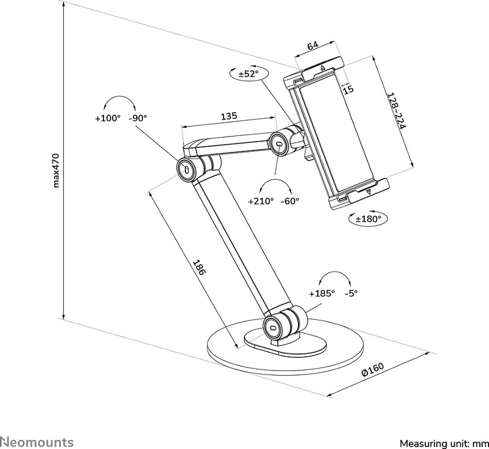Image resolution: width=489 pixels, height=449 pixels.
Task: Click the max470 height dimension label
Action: pyautogui.click(x=56, y=169)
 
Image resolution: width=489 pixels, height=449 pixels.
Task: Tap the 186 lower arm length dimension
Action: pyautogui.click(x=198, y=267)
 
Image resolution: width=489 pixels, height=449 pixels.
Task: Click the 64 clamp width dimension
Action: pyautogui.click(x=312, y=46)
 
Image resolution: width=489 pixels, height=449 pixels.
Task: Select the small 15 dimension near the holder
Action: pyautogui.click(x=349, y=89)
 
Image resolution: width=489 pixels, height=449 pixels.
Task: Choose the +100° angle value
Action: pyautogui.click(x=107, y=118)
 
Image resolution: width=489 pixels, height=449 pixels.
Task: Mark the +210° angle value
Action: pyautogui.click(x=261, y=201)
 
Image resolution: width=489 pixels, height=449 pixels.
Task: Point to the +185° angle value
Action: pyautogui.click(x=322, y=294)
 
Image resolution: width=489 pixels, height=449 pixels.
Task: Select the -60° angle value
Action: pyautogui.click(x=289, y=201)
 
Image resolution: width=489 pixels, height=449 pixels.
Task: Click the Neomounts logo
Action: pyautogui.click(x=37, y=442)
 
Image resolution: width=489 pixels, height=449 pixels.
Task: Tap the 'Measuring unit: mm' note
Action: pyautogui.click(x=444, y=443)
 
